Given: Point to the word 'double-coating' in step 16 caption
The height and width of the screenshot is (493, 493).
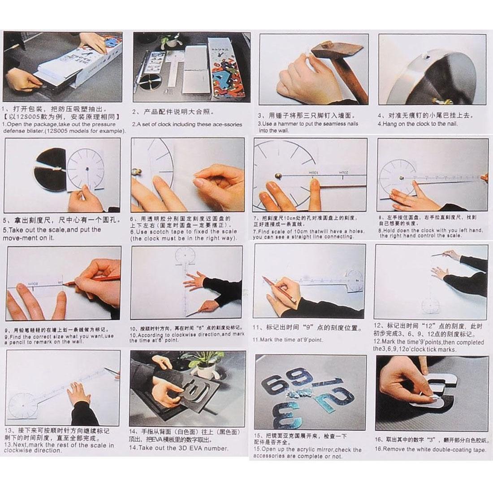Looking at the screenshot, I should click(439, 449).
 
